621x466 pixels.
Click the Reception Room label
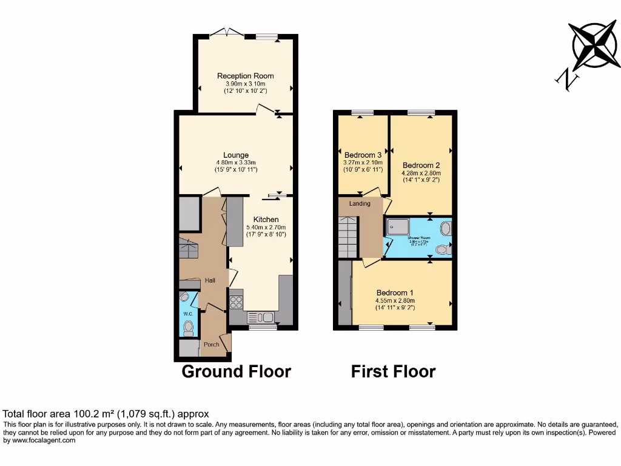(246, 76)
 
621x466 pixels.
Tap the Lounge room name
(236, 155)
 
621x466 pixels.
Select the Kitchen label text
(266, 219)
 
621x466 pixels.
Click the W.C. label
(187, 314)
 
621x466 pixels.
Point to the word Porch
(211, 345)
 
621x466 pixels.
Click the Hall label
(210, 280)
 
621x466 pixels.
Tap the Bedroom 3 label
(363, 155)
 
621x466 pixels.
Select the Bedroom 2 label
(421, 165)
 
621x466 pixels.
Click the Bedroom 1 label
(394, 292)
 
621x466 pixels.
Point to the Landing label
(359, 203)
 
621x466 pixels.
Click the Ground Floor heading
(237, 371)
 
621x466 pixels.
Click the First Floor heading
(393, 371)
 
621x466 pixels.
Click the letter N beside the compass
(566, 79)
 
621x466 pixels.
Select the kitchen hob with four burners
(236, 302)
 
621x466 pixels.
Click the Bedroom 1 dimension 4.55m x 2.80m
(394, 300)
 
